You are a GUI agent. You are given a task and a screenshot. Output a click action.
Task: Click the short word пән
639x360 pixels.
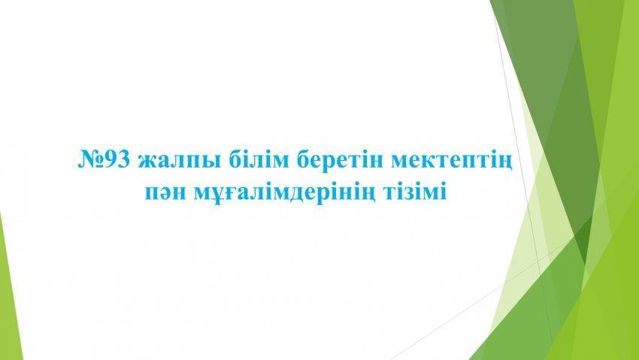coord(165,192)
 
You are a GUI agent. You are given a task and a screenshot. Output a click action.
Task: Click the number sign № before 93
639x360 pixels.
coord(91,159)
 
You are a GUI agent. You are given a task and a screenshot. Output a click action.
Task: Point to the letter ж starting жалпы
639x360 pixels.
coord(147,161)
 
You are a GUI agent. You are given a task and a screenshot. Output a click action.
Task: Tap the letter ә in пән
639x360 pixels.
coord(165,193)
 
